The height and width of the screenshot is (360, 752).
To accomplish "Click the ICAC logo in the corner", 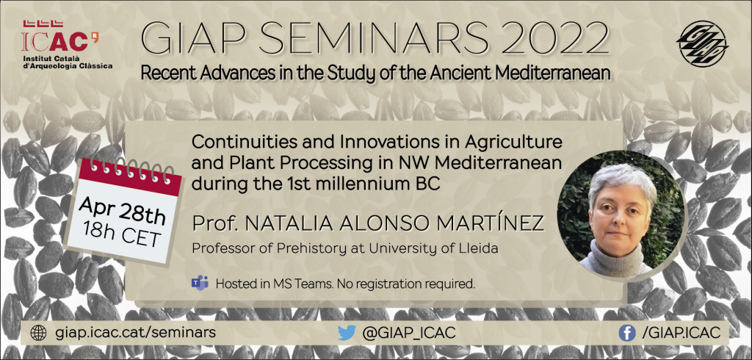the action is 67,44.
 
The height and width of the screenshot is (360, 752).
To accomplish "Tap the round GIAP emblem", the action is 702,43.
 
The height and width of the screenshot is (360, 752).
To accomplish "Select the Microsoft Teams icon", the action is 200,283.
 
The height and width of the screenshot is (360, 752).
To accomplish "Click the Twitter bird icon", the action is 347,333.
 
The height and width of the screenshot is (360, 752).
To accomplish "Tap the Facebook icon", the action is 627,333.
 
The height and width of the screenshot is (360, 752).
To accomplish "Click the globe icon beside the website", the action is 38,333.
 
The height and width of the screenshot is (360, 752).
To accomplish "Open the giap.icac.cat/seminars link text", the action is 135,333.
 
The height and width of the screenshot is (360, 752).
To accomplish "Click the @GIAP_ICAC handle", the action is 409,333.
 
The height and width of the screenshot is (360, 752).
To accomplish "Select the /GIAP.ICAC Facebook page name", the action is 681,333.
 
